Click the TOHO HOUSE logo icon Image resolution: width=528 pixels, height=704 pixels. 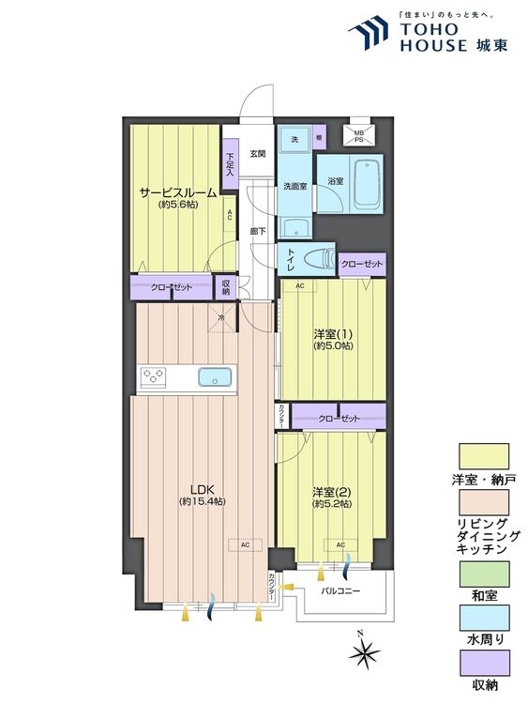click(x=367, y=34)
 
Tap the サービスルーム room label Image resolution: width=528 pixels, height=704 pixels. click(x=178, y=192)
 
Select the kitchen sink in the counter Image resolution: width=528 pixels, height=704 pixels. click(x=215, y=377)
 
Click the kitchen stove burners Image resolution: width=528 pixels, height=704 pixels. click(x=154, y=377)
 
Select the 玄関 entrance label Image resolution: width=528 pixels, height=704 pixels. click(x=257, y=153)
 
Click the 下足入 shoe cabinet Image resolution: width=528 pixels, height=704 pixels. click(x=229, y=165)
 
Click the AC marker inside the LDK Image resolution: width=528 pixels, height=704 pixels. click(x=245, y=544)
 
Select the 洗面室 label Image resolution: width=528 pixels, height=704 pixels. click(x=295, y=185)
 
